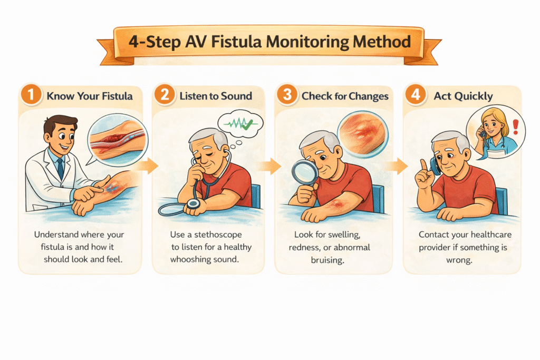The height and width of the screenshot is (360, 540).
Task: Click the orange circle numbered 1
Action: pos(31,95)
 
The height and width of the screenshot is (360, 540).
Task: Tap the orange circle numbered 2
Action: pos(165,95)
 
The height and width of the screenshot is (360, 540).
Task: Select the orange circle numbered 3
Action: pos(287,95)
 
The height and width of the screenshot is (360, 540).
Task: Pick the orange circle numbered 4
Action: pos(416,95)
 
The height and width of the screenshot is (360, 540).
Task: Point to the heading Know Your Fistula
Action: pos(90,96)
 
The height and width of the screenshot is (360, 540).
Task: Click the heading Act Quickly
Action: pos(463,96)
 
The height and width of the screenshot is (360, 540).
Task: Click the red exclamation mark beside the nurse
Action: pos(516,127)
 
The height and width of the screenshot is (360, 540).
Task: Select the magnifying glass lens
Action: pos(305,172)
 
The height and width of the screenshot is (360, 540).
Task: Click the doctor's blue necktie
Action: pos(61,169)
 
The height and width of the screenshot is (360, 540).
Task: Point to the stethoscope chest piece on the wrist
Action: pos(193,204)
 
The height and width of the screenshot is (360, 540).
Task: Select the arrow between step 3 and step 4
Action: pos(397,167)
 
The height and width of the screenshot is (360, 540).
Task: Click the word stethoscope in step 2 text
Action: pos(218,235)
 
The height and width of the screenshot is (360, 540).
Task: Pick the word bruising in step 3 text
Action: pos(327,260)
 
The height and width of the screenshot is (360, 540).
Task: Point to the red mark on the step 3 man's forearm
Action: pos(336,205)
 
